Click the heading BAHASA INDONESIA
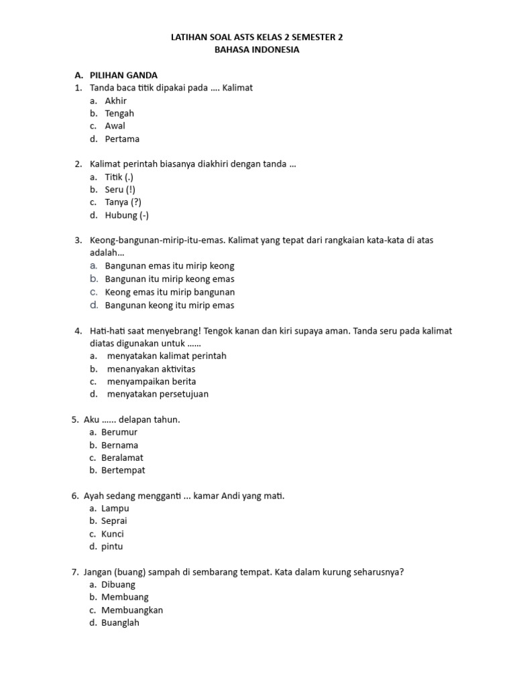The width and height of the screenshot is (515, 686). pos(257,50)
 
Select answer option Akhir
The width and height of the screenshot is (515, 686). pos(115,100)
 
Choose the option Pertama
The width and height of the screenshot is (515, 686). pos(122,139)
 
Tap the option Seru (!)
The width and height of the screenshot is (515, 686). pos(119,190)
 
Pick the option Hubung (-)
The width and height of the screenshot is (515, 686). pos(127,215)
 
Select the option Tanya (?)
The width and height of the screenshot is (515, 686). pos(123,202)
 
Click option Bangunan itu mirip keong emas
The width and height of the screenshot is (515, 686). pos(170,279)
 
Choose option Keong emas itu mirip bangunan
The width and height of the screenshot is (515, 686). pos(170,292)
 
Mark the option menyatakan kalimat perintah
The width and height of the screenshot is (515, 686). pos(166,356)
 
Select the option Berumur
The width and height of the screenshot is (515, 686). pos(119,432)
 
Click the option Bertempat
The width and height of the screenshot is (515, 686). pos(123,470)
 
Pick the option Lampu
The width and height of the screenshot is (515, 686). pos(115,508)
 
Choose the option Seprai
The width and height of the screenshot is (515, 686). pos(114,521)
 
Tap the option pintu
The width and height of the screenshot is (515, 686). pos(112,547)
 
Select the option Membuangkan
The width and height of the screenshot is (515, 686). pos(132,610)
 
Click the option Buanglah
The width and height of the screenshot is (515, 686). pos(120,622)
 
